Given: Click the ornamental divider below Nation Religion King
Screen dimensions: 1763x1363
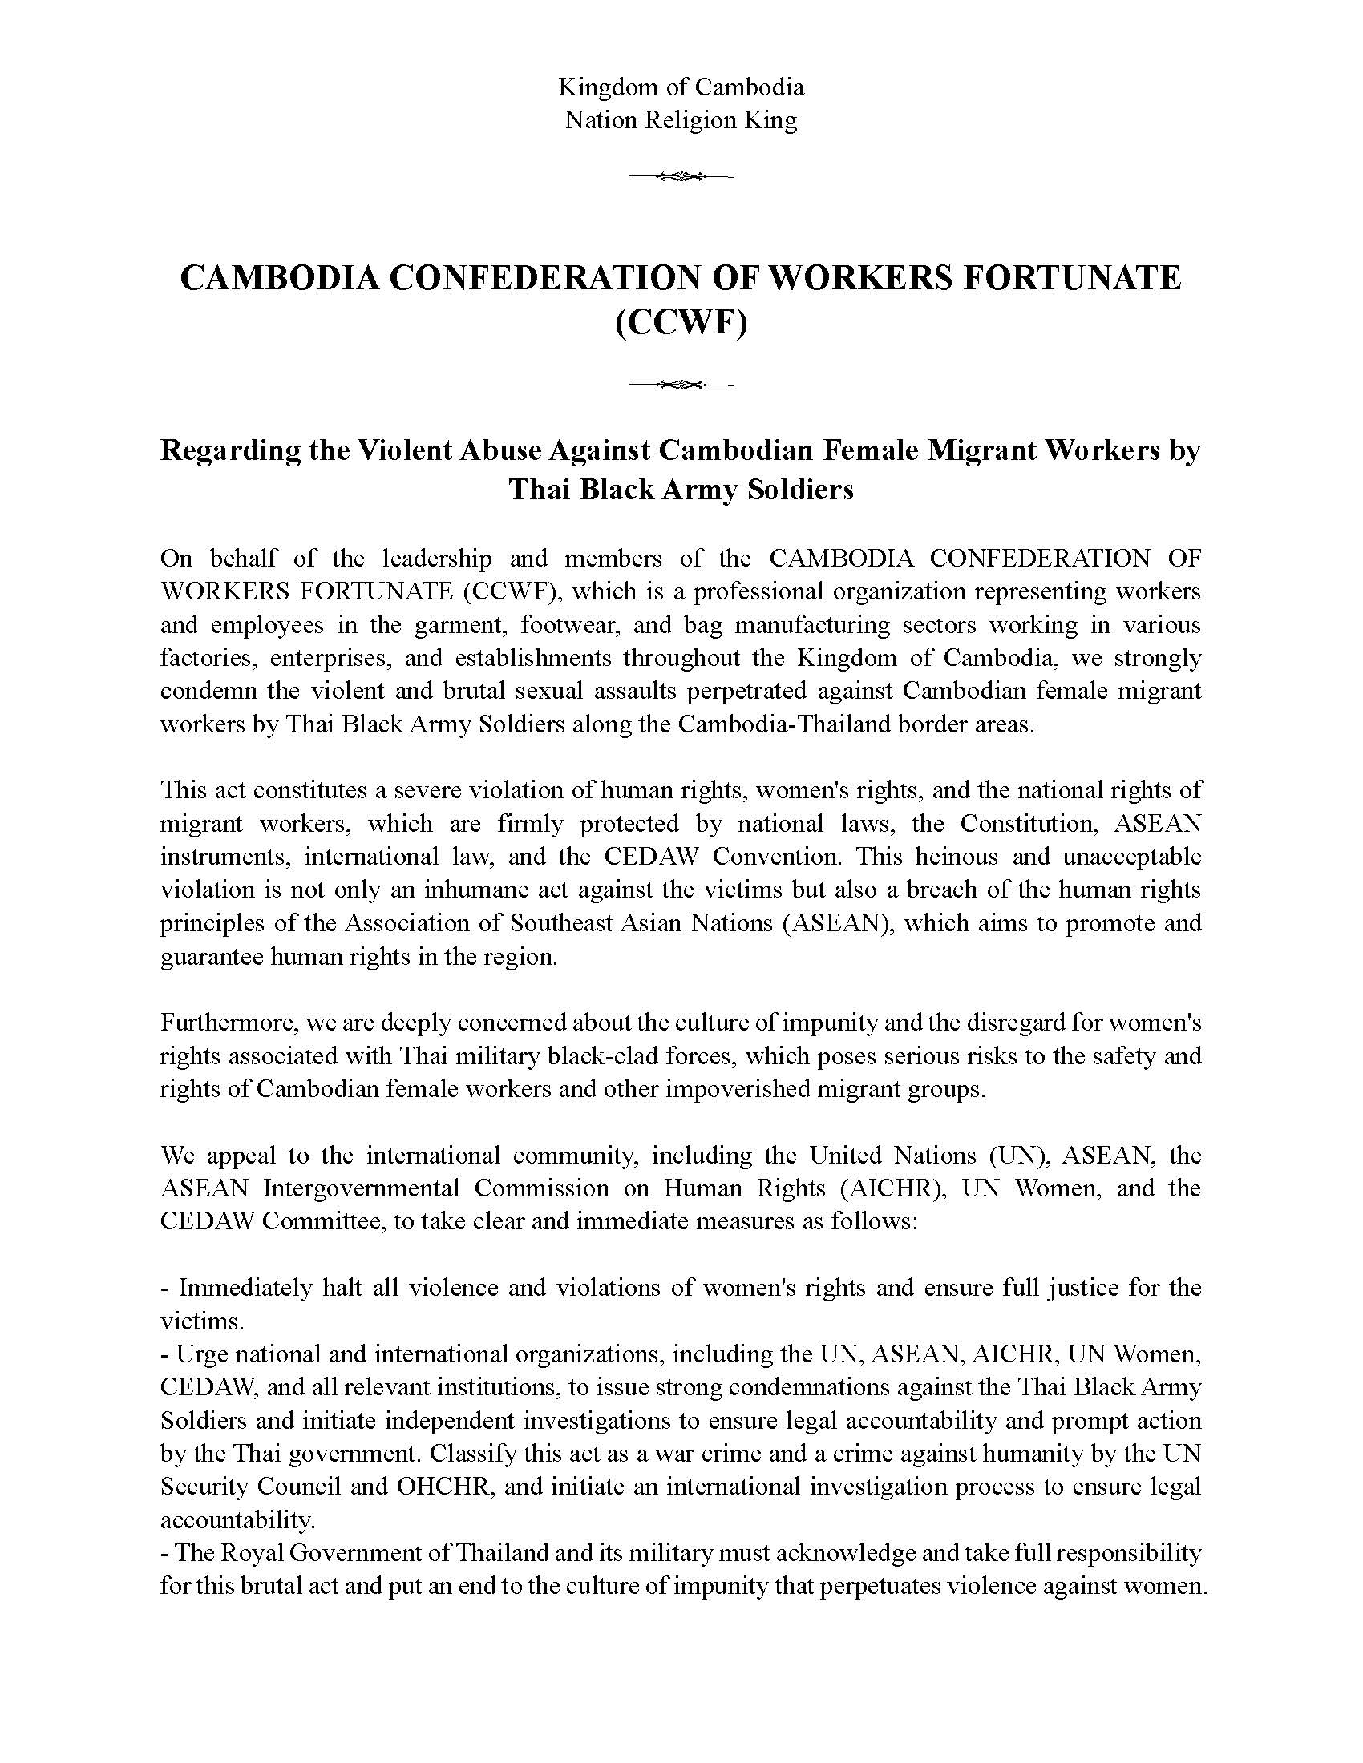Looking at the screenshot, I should coord(681,176).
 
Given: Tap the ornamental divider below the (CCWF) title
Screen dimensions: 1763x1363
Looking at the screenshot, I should coord(681,384).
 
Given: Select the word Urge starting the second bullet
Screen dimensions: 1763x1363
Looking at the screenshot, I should coord(198,1354).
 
